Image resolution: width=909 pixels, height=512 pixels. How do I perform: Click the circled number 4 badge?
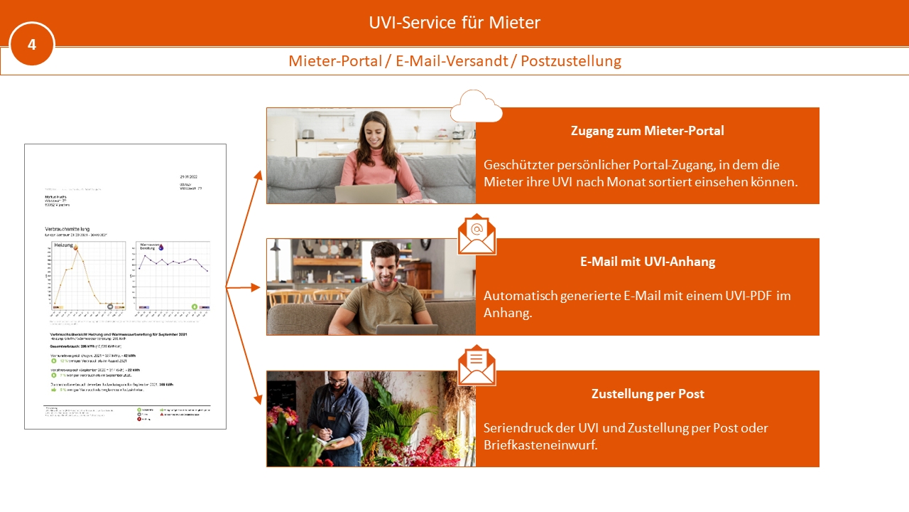pos(32,44)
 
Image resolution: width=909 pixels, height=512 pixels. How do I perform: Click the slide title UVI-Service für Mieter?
pos(454,23)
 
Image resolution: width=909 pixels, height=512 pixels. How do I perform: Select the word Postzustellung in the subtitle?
pos(571,61)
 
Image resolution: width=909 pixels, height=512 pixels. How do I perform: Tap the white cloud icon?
pos(476,107)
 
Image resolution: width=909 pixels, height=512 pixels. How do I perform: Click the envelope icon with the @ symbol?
pos(477,234)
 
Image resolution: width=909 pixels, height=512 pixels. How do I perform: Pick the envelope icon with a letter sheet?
pos(477,365)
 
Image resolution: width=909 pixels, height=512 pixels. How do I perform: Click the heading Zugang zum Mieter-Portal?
pos(647,131)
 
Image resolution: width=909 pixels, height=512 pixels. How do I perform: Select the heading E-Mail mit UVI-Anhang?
pos(647,262)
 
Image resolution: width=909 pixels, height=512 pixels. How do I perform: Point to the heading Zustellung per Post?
pos(647,394)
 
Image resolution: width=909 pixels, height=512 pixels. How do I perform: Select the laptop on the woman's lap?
pos(366,193)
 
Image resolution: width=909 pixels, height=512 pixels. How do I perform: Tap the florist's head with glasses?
pos(339,388)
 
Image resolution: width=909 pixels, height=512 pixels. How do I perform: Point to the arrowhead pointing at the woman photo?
pos(256,176)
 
